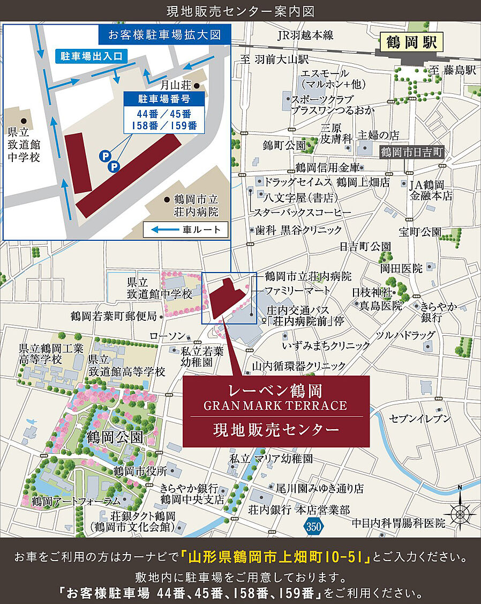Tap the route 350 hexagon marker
[x=314, y=526]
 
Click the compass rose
[x=460, y=513]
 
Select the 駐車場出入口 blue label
[x=91, y=56]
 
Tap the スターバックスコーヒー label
[x=303, y=213]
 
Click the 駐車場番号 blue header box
[x=163, y=99]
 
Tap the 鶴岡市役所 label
[x=140, y=471]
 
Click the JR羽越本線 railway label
[x=305, y=35]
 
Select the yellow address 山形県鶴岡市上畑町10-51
[x=276, y=558]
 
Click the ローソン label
[x=167, y=336]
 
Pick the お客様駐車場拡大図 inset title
[x=164, y=35]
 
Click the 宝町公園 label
[x=420, y=232]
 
